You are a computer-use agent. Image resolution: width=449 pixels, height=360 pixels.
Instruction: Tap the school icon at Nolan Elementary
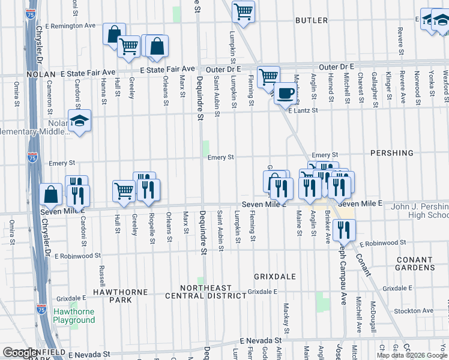click(x=79, y=121)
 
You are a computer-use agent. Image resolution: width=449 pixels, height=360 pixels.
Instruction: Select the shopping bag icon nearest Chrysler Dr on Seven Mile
click(x=52, y=194)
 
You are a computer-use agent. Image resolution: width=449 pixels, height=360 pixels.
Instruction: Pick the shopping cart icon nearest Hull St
click(x=124, y=191)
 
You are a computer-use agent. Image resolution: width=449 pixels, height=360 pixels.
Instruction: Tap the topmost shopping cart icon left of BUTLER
click(x=244, y=11)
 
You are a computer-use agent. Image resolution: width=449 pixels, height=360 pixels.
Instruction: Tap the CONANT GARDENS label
click(x=415, y=263)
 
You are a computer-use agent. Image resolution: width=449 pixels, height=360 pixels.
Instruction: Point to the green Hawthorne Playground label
click(x=74, y=316)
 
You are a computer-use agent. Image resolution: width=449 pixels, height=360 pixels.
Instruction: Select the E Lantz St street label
click(x=303, y=110)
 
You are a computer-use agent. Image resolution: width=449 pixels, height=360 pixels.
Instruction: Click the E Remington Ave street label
click(x=70, y=26)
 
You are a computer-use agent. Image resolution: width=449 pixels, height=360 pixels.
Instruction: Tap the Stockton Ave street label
click(x=415, y=311)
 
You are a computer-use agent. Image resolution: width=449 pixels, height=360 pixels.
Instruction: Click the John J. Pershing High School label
click(x=418, y=211)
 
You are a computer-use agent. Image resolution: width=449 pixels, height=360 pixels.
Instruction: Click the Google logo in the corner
click(x=20, y=353)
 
